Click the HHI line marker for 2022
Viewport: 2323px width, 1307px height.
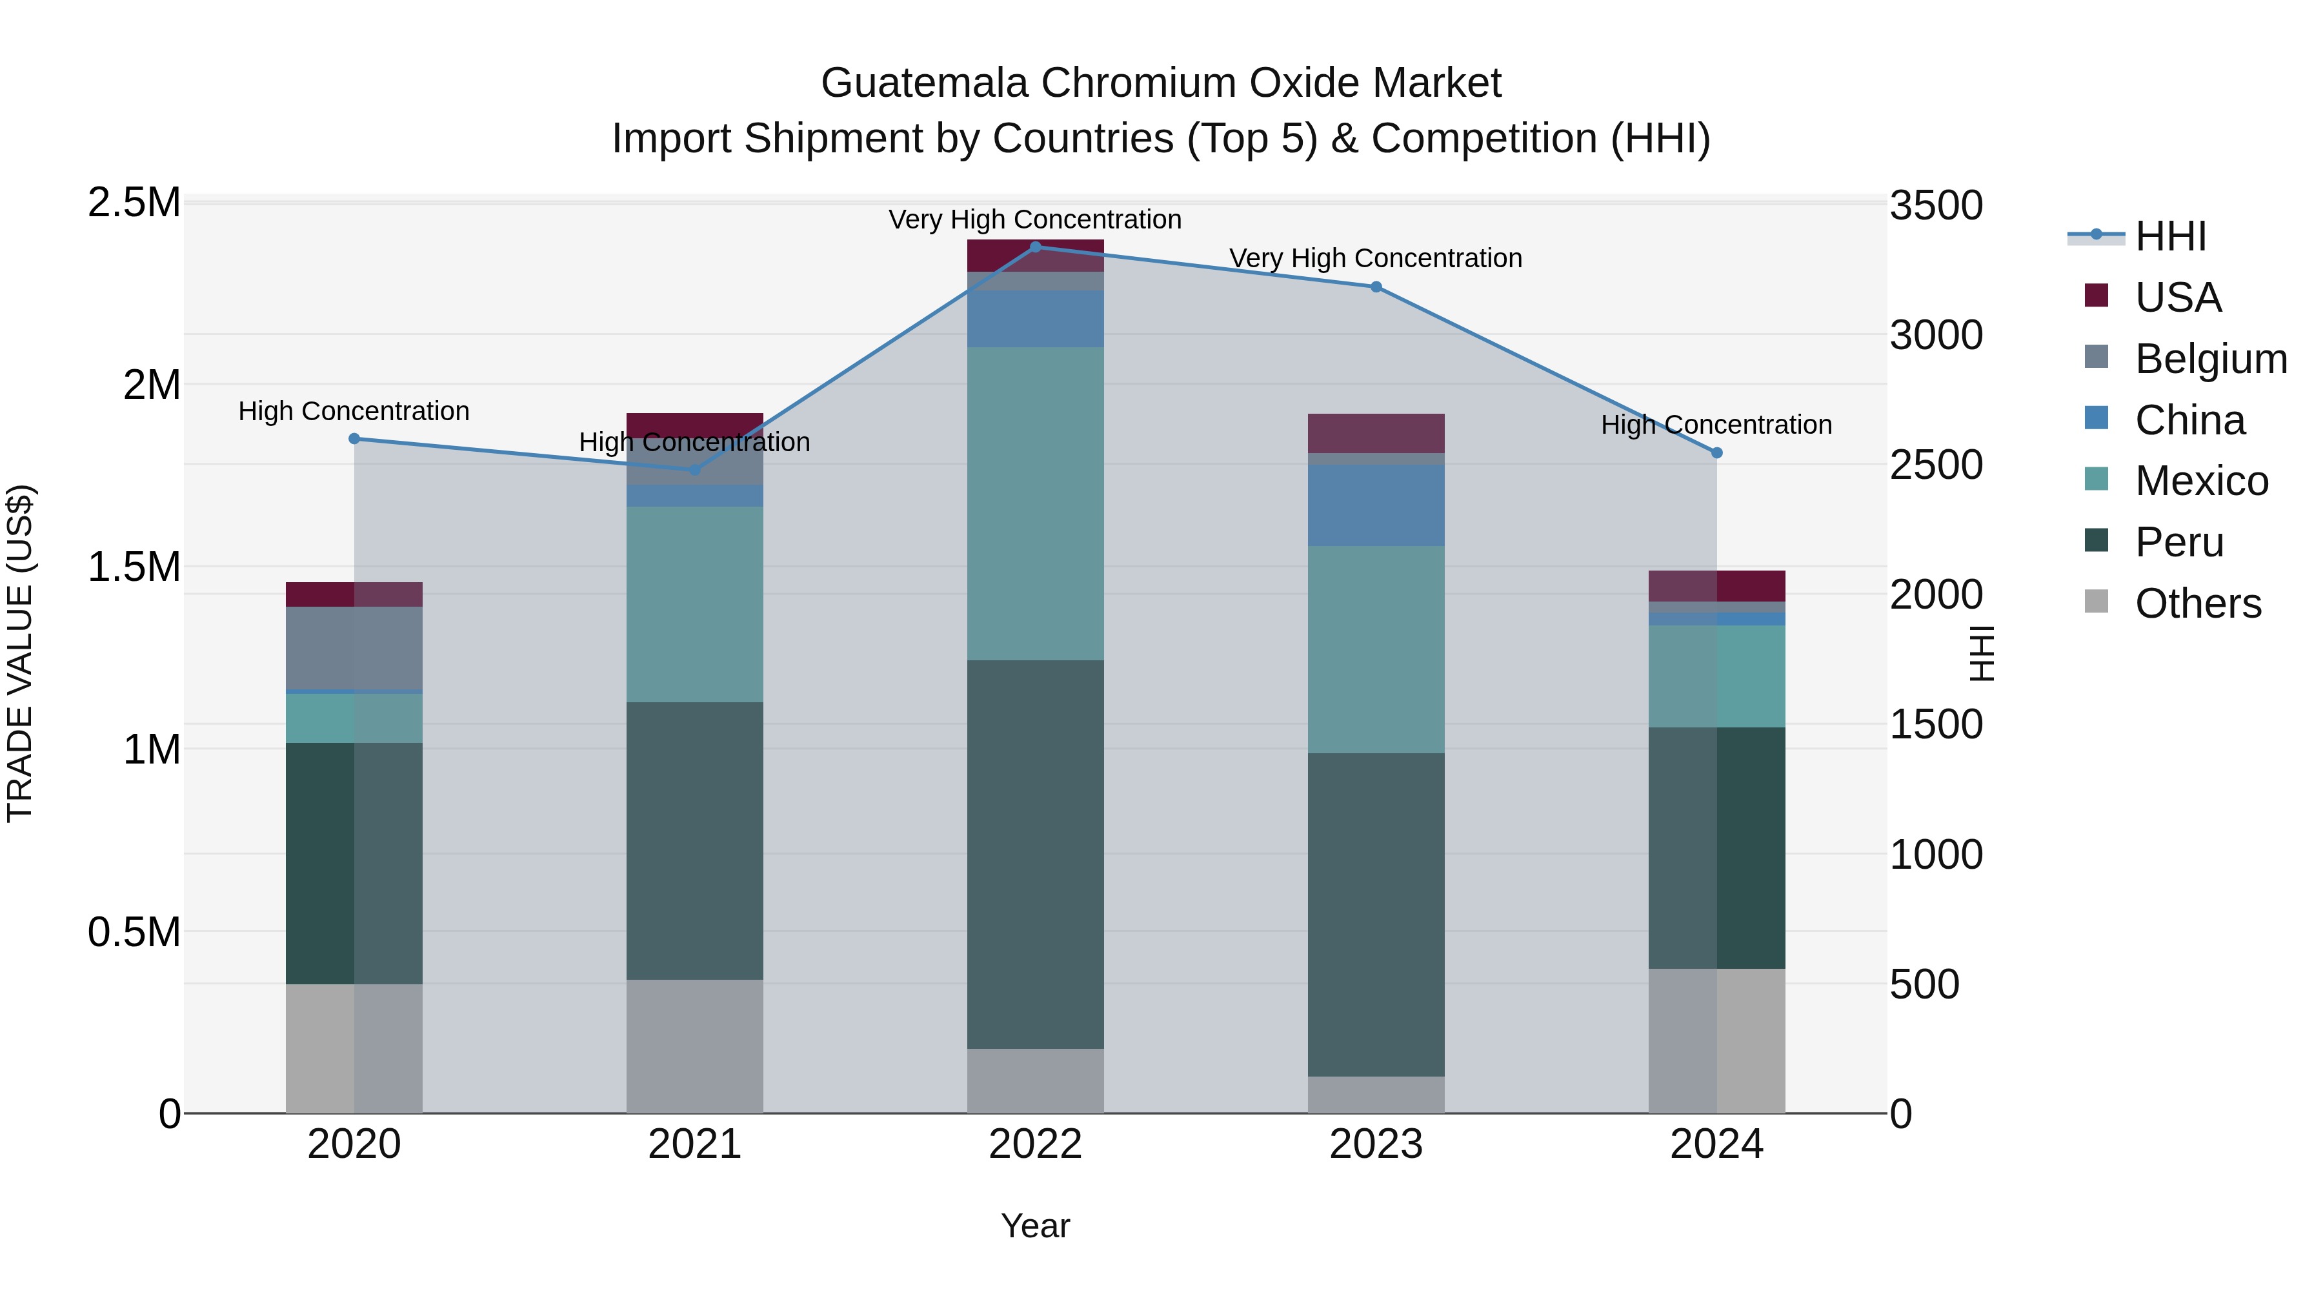pyautogui.click(x=1035, y=247)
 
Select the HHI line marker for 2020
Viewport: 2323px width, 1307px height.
pyautogui.click(x=354, y=440)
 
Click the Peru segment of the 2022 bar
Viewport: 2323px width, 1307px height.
pyautogui.click(x=1035, y=853)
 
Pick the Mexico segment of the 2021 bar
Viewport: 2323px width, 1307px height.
pyautogui.click(x=694, y=604)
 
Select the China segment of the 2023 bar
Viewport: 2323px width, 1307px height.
pyautogui.click(x=1376, y=505)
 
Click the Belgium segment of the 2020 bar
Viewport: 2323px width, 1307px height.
pyautogui.click(x=354, y=647)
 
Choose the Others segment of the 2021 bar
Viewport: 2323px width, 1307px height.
pyautogui.click(x=694, y=1046)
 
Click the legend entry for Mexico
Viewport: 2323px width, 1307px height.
pyautogui.click(x=2200, y=481)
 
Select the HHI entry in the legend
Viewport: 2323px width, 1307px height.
pyautogui.click(x=2169, y=236)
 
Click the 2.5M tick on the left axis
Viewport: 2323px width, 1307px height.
pyautogui.click(x=134, y=203)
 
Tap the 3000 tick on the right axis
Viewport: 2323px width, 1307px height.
pyautogui.click(x=1936, y=336)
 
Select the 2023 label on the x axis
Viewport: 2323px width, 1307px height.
pyautogui.click(x=1376, y=1144)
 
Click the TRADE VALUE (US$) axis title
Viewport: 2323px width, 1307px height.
pyautogui.click(x=20, y=654)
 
